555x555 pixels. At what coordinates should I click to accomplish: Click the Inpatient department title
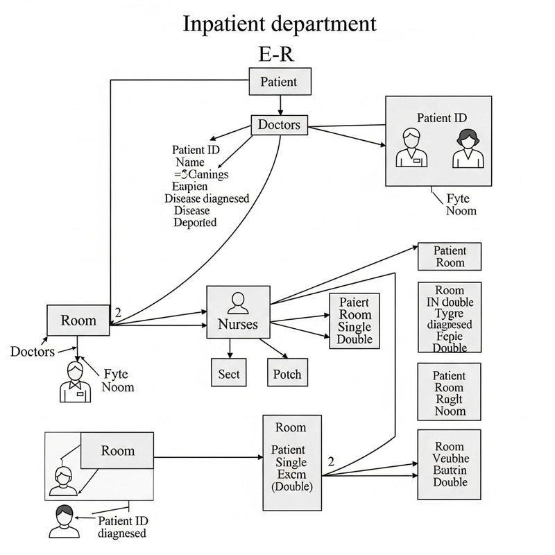click(x=280, y=23)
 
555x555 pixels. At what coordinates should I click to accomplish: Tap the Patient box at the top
click(x=280, y=82)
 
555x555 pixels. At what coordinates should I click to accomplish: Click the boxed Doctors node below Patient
click(x=279, y=125)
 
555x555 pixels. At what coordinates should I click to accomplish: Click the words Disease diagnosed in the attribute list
click(x=207, y=198)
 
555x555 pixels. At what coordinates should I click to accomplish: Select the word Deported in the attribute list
click(x=195, y=223)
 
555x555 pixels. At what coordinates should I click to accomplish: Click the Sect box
click(x=229, y=374)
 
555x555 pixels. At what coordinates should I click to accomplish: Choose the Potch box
click(x=287, y=374)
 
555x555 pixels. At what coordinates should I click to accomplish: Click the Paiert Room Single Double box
click(x=354, y=321)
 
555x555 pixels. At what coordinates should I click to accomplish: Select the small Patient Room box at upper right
click(x=450, y=257)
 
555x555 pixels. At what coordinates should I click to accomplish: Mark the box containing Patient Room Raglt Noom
click(x=450, y=393)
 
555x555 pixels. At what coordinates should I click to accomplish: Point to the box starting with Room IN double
click(x=450, y=318)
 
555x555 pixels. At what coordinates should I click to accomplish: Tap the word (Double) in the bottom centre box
click(x=291, y=487)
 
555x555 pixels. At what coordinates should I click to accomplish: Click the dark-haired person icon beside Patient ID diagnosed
click(x=63, y=520)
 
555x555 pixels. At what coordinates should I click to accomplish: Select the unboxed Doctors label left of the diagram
click(x=32, y=352)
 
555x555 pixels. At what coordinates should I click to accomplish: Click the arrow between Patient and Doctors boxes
click(x=280, y=105)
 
